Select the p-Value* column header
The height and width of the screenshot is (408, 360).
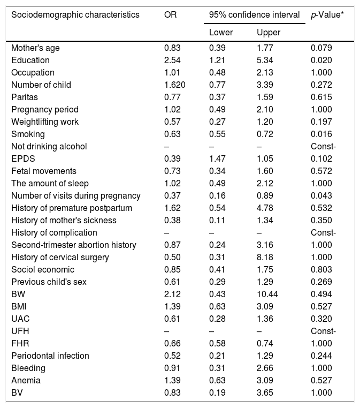pos(327,14)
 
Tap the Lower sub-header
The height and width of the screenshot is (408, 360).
pos(220,33)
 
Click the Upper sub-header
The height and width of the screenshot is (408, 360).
pos(268,33)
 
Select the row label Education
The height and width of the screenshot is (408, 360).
pos(30,60)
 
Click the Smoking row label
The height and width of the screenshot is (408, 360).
pos(28,134)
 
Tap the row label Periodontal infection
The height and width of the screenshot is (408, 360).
pos(50,356)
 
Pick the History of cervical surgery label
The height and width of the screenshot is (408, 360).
pos(60,257)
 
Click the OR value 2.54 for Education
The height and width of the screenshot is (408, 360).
pos(173,60)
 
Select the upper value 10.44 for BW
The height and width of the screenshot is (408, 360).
pos(267,294)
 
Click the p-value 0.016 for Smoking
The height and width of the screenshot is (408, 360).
pos(321,134)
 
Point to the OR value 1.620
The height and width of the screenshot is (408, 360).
pos(175,85)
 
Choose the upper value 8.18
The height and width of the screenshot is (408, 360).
pos(265,257)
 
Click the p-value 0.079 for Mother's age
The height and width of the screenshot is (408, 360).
pos(321,48)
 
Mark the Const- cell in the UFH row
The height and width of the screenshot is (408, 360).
pos(323,331)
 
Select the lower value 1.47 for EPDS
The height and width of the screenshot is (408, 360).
pos(218,158)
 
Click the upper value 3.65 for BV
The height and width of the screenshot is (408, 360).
pos(265,392)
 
